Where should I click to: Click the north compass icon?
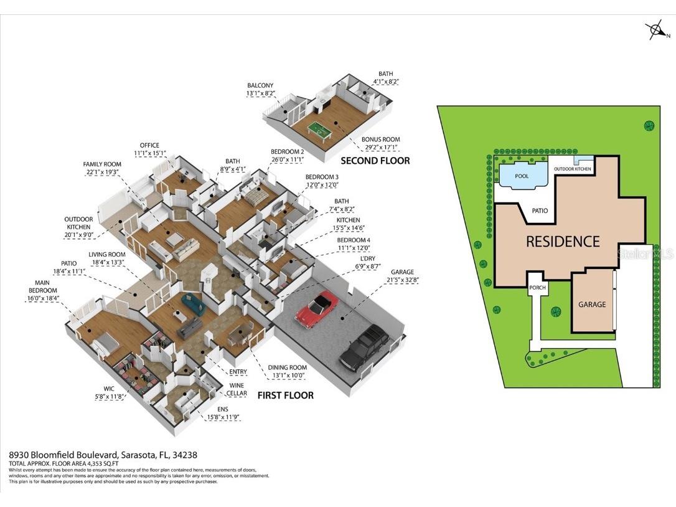click(655, 29)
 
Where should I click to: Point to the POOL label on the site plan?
click(522, 176)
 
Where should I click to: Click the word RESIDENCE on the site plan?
click(562, 242)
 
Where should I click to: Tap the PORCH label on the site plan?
click(537, 288)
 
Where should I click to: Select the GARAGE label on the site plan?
click(591, 305)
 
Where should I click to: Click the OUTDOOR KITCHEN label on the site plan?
click(573, 169)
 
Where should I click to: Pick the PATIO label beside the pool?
click(540, 211)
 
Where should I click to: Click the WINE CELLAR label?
click(236, 389)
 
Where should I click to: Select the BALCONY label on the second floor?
click(260, 85)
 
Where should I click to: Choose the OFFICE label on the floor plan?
click(149, 145)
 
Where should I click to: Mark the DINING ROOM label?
click(288, 367)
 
